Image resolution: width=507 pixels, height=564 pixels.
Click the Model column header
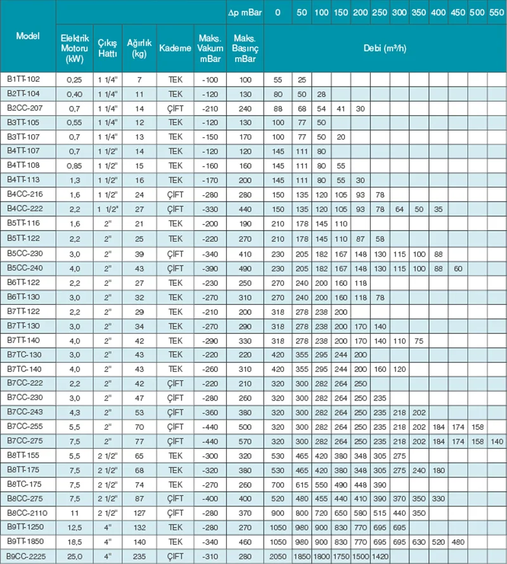[28, 35]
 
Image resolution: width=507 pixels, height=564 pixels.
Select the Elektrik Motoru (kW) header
[70, 49]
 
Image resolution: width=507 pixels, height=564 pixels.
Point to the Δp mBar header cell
[245, 13]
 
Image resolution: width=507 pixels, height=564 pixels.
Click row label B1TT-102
[23, 79]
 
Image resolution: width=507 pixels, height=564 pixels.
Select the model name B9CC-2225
[26, 557]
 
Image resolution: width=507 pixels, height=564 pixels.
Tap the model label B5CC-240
[25, 267]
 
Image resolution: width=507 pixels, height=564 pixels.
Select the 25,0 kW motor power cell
[70, 557]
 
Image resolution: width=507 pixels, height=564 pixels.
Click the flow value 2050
[278, 557]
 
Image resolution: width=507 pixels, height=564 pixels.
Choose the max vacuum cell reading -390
[209, 267]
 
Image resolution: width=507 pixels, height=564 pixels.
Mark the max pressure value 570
[245, 440]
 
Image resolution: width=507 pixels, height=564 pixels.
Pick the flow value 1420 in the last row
[380, 557]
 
